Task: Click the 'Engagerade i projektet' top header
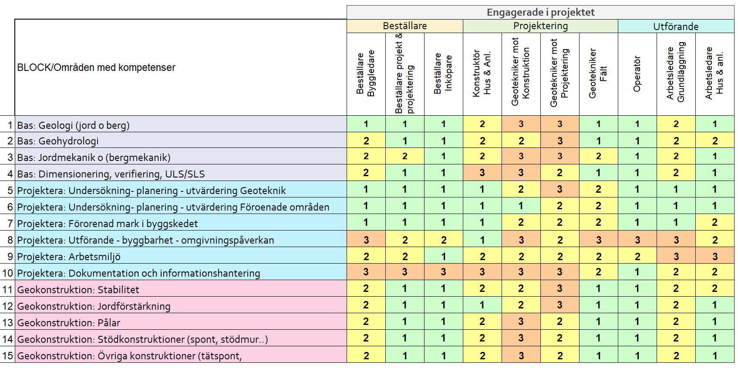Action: [540, 12]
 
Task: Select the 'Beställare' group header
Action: [404, 26]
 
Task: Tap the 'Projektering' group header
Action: [540, 26]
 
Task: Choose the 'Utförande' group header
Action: [676, 27]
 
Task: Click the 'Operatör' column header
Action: [637, 74]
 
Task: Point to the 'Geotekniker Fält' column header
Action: [598, 74]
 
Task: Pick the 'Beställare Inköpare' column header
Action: [443, 74]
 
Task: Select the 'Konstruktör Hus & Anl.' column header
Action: [482, 74]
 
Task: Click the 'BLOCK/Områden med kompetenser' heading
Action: [96, 67]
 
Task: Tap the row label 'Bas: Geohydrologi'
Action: [58, 141]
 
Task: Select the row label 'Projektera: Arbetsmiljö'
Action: [69, 257]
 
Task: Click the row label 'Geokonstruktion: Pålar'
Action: [69, 323]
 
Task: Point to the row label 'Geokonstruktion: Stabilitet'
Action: [78, 290]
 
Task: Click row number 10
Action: [8, 273]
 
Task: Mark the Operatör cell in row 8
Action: [637, 240]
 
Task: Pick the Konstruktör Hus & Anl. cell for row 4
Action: [482, 173]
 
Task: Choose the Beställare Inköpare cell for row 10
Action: [443, 272]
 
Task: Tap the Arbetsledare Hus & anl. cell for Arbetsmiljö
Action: [714, 257]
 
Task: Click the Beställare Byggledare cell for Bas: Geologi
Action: [366, 124]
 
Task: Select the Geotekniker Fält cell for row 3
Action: [598, 156]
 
